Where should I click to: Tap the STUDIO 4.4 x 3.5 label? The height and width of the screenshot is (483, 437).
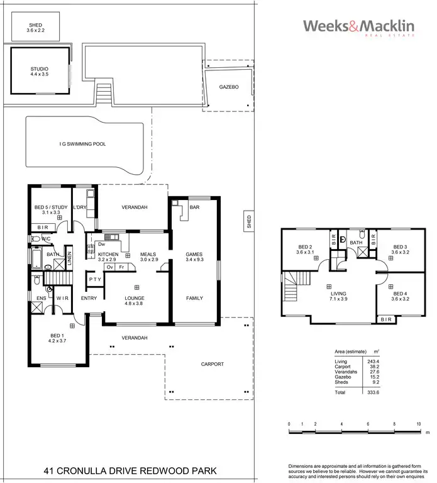(40, 72)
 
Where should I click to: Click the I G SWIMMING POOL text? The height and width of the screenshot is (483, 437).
(82, 144)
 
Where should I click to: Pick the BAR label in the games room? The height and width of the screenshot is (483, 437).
(194, 208)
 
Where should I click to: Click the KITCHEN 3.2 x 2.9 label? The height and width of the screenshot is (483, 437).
(108, 257)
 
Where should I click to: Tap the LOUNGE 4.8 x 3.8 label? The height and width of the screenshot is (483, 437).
(135, 301)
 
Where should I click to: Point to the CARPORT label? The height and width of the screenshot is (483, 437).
(213, 364)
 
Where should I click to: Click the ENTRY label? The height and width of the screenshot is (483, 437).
(89, 298)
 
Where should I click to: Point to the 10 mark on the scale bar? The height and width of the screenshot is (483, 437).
(418, 425)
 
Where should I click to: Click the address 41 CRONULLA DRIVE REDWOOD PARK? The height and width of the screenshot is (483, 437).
(130, 470)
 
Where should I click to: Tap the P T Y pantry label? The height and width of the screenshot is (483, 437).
(95, 279)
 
